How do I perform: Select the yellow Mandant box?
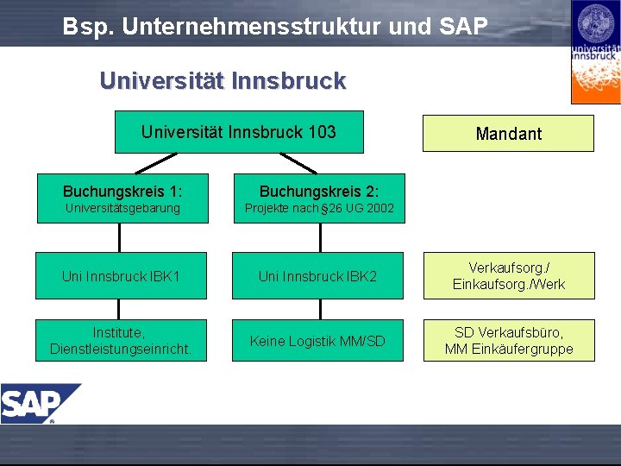pos(508,133)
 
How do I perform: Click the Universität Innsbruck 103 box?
pos(239,132)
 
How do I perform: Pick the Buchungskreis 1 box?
pos(122,198)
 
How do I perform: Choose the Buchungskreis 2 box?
pos(318,198)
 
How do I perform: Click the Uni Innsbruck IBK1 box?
pos(122,276)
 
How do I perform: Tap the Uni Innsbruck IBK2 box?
pos(317,276)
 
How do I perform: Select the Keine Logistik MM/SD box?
pos(317,341)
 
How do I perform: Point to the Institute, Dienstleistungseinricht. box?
pos(122,341)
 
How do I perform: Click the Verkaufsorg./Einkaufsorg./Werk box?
pos(508,276)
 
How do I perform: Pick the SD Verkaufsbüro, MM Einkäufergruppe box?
pos(508,341)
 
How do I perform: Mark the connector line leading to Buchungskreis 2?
pos(298,163)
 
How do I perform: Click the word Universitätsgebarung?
pos(122,208)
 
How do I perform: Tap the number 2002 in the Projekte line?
pos(379,208)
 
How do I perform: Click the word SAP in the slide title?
pos(463,26)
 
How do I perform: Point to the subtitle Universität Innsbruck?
pos(223,81)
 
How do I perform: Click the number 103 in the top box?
pos(321,132)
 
